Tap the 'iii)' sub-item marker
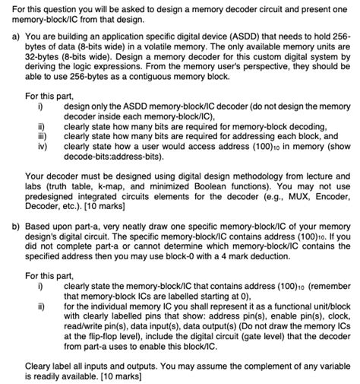(x=43, y=135)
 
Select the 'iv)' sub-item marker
(x=43, y=145)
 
